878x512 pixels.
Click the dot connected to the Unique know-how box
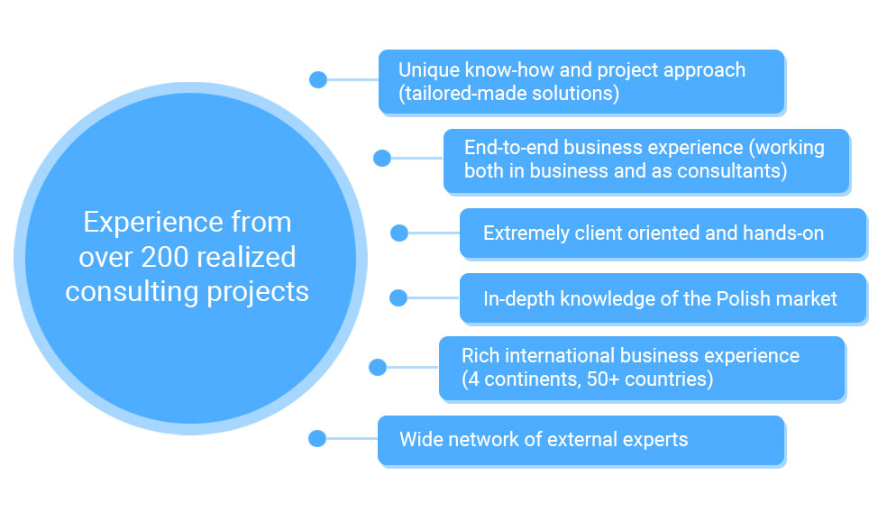coord(318,79)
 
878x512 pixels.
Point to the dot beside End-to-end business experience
coord(382,158)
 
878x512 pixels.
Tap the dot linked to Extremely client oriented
coord(398,233)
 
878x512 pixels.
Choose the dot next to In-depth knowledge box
coord(398,298)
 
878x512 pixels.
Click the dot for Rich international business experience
coord(378,368)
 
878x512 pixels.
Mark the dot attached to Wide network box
coord(317,438)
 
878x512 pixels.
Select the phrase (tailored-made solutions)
coord(509,94)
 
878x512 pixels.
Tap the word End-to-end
coord(511,147)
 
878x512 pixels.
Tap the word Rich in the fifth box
coord(475,356)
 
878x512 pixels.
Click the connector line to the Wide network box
coord(352,438)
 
